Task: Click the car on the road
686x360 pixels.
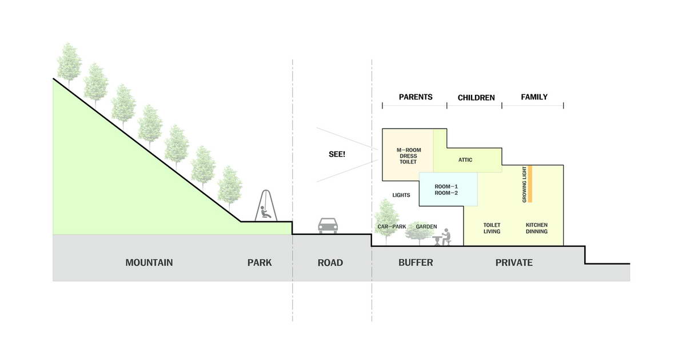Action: coord(328,226)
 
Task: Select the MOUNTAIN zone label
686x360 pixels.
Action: coord(149,263)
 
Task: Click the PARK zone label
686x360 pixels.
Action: coord(260,263)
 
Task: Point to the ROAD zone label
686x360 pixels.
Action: coord(330,263)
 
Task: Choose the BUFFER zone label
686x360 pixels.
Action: coord(416,263)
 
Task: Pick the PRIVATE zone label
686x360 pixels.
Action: coord(514,263)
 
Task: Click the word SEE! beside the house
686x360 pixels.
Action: coord(337,154)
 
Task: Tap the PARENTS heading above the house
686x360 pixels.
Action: coord(416,97)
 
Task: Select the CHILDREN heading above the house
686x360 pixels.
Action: coord(476,98)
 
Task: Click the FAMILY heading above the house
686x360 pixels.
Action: coord(534,97)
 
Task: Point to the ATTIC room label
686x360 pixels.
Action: coord(465,160)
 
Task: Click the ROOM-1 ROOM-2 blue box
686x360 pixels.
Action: coord(448,189)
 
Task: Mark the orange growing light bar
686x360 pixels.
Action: coord(530,184)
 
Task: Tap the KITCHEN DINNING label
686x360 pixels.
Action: coord(537,228)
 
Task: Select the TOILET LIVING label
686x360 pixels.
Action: coord(492,228)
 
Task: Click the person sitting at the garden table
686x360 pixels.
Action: coord(447,237)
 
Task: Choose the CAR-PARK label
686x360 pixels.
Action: coord(392,226)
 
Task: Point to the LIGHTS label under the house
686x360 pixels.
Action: coord(401,195)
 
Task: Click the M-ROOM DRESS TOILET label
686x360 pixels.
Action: coord(409,156)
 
